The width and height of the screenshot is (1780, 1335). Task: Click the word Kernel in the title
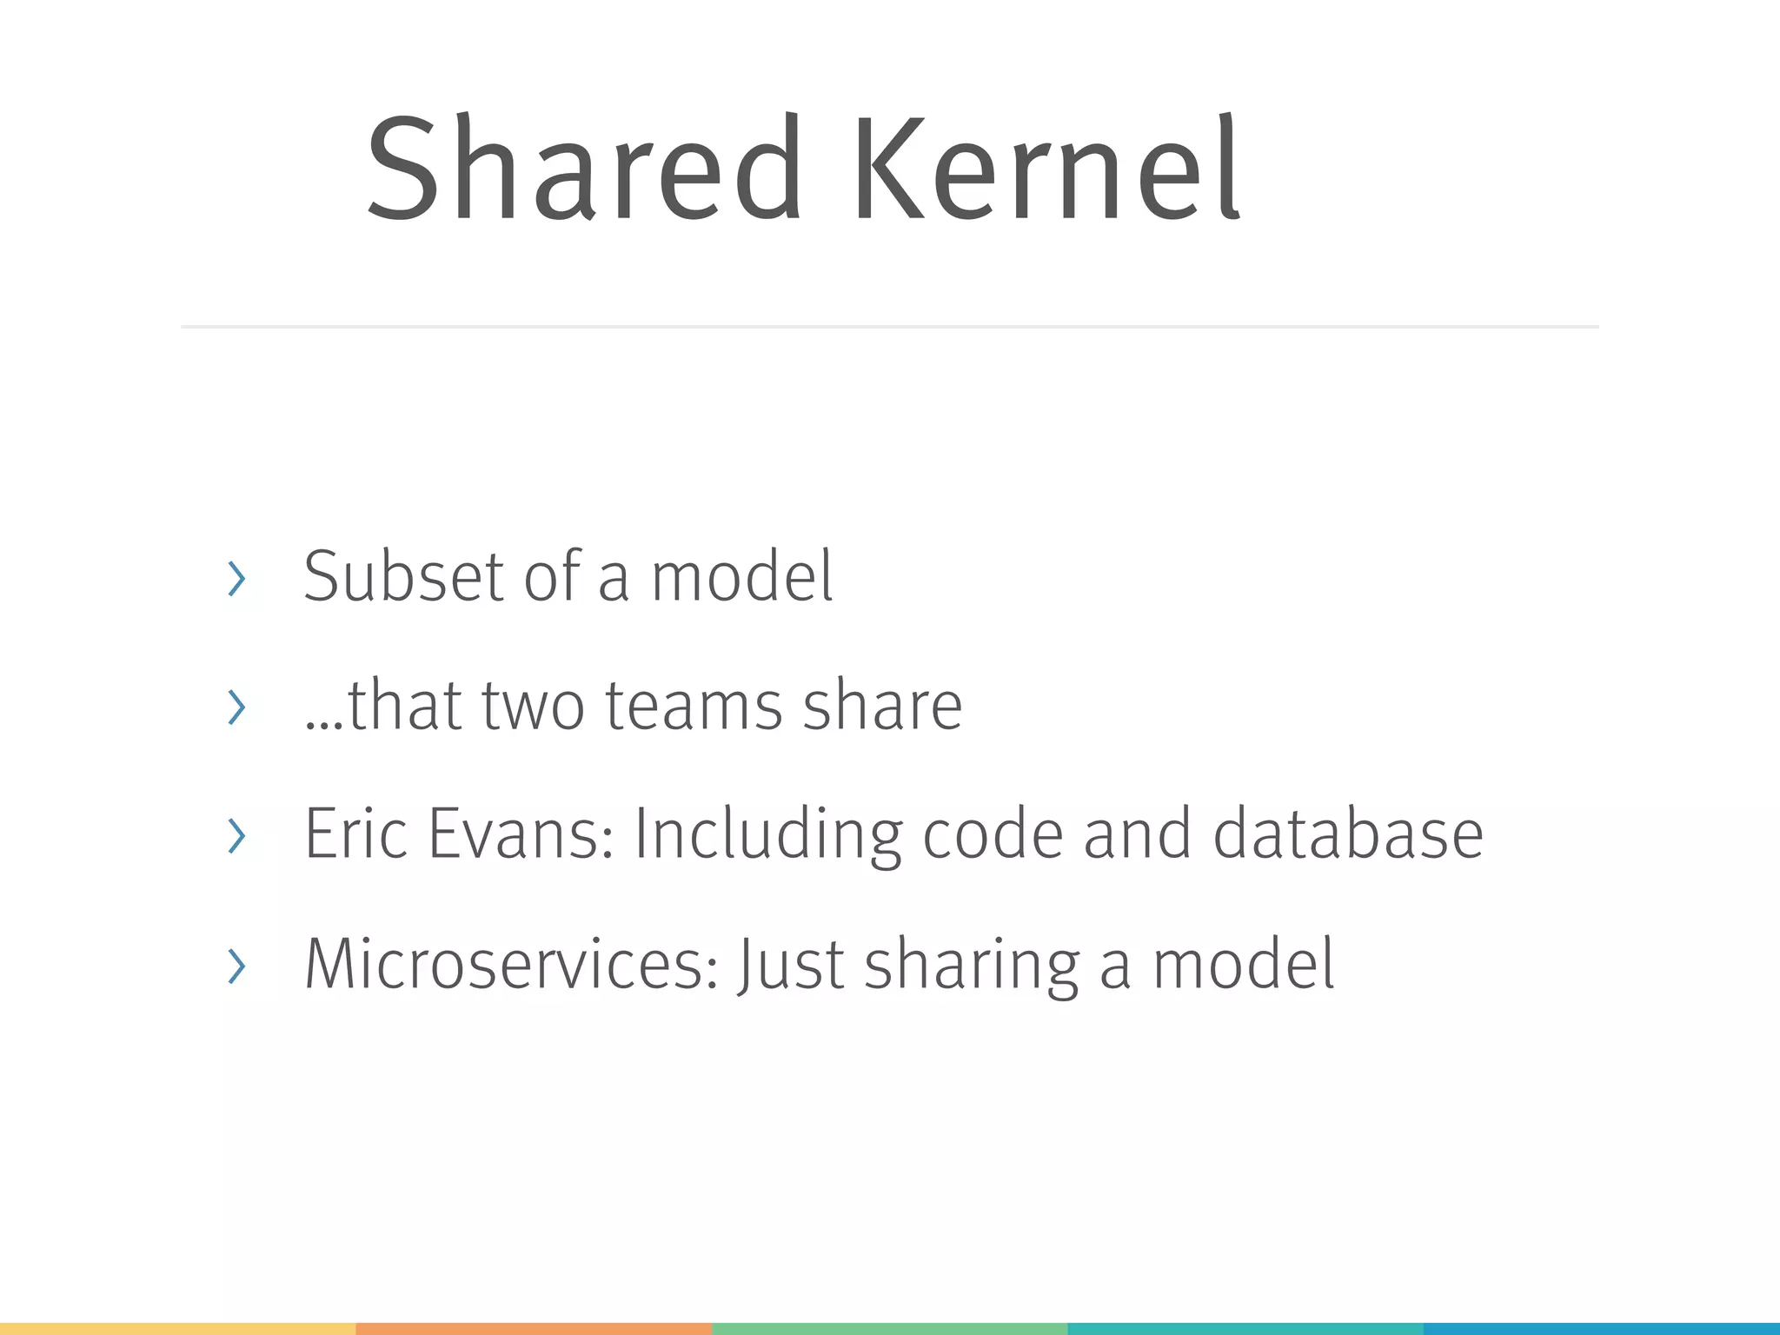[x=1046, y=169]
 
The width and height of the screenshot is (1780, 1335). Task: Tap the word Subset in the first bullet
[x=403, y=577]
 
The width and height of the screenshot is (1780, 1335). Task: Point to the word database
[x=1347, y=834]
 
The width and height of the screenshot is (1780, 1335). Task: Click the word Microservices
[x=511, y=965]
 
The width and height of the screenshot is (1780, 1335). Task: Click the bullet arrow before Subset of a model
[x=236, y=579]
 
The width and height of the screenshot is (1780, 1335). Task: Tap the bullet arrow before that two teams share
[x=236, y=707]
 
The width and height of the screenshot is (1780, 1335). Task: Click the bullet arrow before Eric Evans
[x=236, y=836]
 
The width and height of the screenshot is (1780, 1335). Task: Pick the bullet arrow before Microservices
[x=236, y=966]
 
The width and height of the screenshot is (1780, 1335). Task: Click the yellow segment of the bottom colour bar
[x=177, y=1328]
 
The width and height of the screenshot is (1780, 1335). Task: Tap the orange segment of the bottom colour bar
[x=534, y=1328]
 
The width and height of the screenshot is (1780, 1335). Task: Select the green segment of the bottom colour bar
[x=889, y=1328]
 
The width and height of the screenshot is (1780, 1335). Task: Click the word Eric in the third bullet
[x=355, y=834]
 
